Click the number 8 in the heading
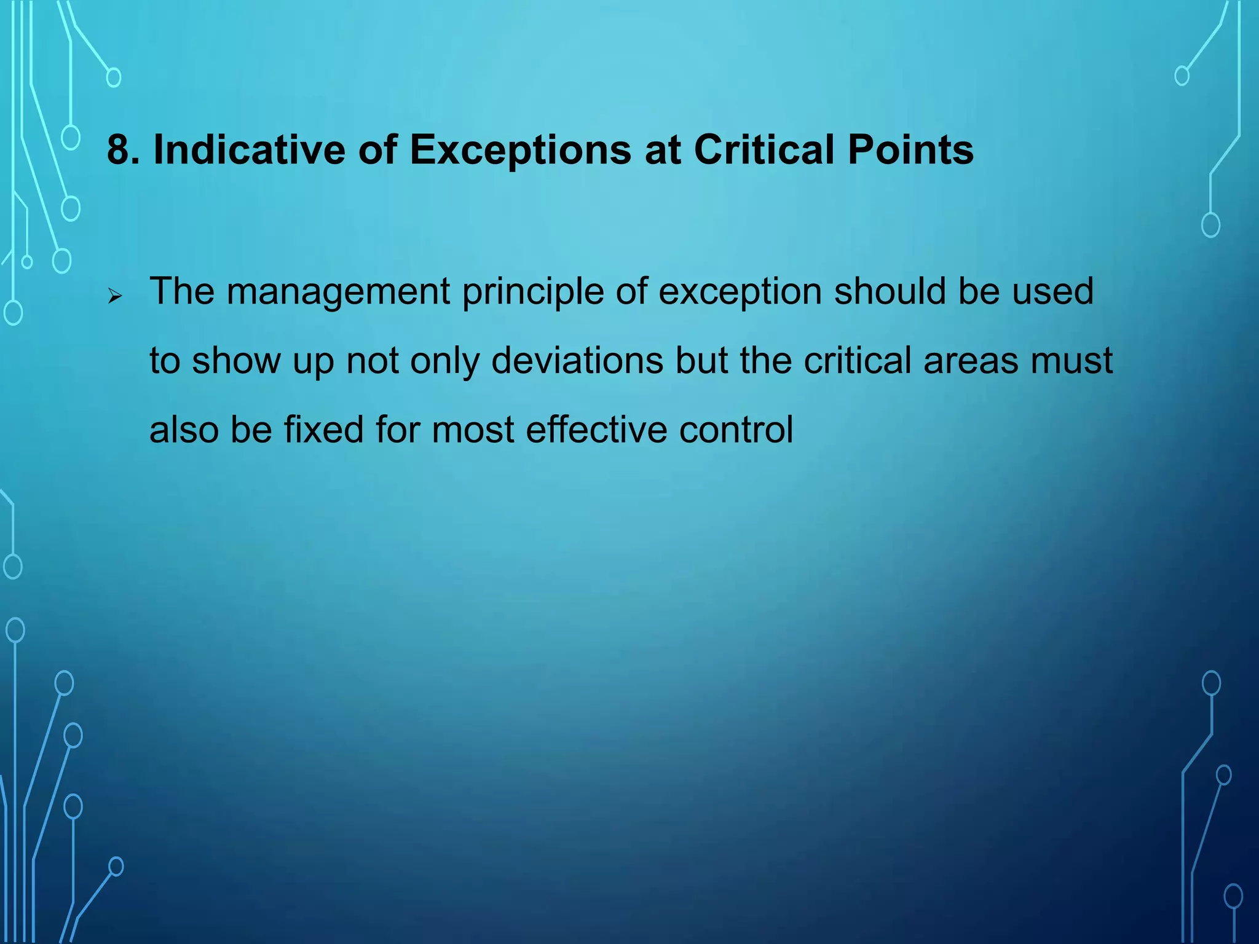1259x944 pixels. (x=119, y=150)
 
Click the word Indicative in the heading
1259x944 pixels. (x=249, y=150)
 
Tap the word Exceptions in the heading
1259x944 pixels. (x=520, y=150)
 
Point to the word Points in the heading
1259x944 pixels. (x=910, y=150)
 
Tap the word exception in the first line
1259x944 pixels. (x=740, y=293)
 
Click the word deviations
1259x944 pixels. (x=577, y=361)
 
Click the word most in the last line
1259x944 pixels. (x=473, y=430)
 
